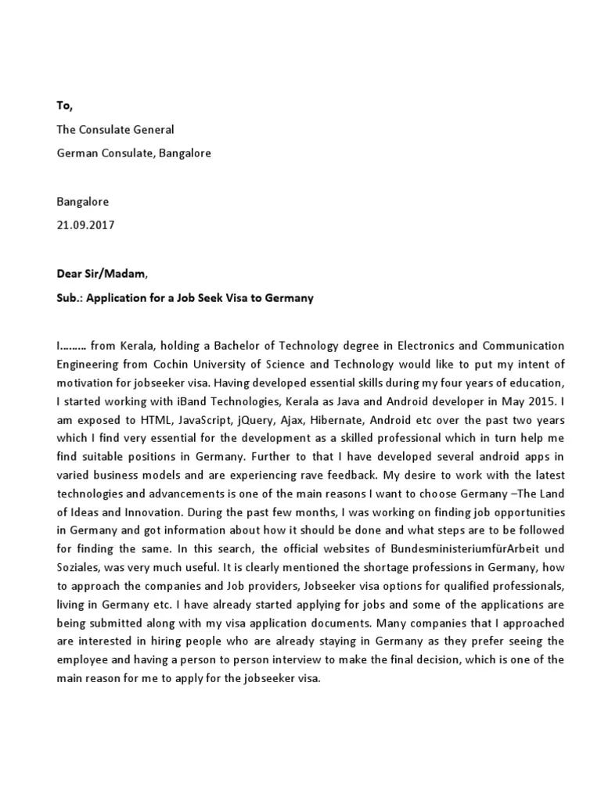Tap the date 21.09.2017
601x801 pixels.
point(85,225)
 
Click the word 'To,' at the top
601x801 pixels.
point(65,105)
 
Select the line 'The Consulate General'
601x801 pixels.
point(115,129)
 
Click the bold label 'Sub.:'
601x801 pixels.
point(70,298)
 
